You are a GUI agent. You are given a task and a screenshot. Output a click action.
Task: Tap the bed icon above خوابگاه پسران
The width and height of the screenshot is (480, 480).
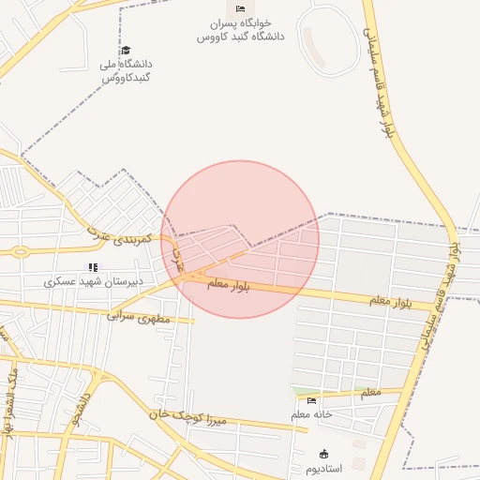click(240, 9)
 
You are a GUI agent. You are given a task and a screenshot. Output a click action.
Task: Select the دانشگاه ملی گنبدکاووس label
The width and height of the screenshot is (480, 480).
click(126, 70)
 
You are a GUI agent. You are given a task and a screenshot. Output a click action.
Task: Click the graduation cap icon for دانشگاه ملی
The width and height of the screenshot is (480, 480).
click(126, 51)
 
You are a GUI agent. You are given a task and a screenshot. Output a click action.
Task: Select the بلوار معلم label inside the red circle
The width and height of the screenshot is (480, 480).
click(229, 285)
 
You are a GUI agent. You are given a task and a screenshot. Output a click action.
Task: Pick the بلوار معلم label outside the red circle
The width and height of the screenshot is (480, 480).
click(392, 301)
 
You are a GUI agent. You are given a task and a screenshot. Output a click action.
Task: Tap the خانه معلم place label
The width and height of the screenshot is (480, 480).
click(312, 414)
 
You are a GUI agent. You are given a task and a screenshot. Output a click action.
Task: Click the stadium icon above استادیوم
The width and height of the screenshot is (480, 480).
click(324, 454)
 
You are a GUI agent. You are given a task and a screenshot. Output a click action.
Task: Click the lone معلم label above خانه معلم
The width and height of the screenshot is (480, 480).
click(370, 393)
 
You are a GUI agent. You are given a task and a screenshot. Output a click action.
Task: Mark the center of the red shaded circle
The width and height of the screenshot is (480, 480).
click(240, 239)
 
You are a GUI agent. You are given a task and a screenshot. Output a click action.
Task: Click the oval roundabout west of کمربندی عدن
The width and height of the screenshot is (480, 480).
click(19, 251)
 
